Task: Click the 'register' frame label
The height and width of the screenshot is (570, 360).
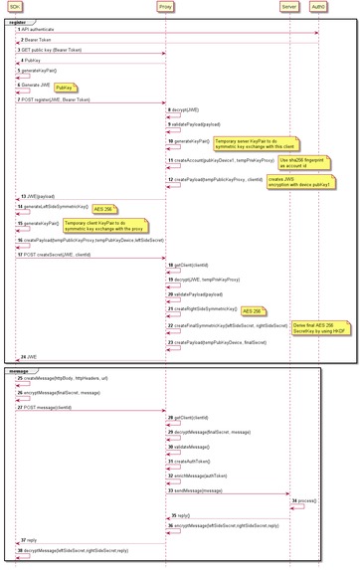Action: click(x=17, y=21)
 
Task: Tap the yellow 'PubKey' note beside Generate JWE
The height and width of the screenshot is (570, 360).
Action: click(x=62, y=88)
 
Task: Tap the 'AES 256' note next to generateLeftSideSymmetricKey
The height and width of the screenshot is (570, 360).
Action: click(x=102, y=209)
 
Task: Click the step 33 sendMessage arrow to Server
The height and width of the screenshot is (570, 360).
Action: click(x=228, y=494)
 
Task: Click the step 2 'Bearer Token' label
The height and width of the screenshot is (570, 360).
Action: click(x=40, y=40)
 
